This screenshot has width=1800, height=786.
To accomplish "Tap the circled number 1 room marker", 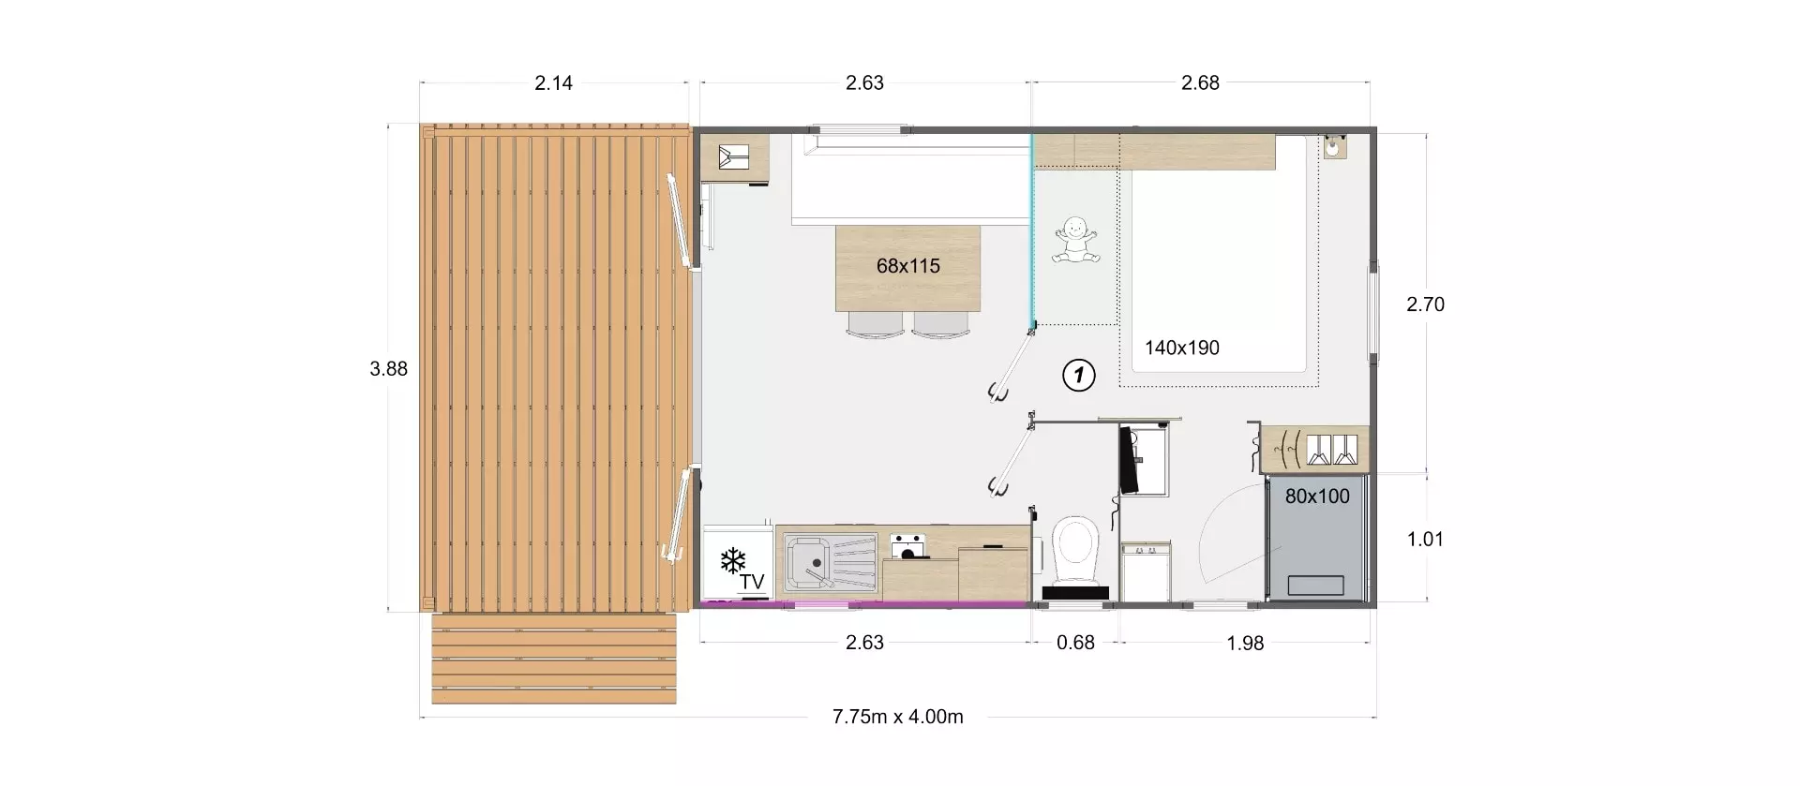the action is (1078, 376).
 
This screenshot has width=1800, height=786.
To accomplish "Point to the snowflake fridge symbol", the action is (732, 561).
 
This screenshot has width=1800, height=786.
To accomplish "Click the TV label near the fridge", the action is (751, 582).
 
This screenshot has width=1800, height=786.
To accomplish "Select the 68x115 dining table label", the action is (907, 266).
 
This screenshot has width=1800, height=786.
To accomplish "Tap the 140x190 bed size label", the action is (1181, 348).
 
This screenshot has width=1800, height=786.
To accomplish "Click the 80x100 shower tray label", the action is (1316, 497).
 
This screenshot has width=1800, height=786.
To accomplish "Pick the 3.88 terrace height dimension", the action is (388, 369).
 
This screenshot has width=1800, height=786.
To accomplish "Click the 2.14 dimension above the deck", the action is (553, 82).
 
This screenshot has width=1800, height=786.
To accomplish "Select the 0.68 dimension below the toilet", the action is (1075, 643).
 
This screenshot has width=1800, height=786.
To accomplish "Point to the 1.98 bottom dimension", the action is (1245, 643).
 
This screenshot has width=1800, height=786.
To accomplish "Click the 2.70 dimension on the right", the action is (1425, 304).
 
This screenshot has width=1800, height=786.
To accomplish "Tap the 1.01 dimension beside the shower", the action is (1425, 539).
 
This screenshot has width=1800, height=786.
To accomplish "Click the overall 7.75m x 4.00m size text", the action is (897, 717).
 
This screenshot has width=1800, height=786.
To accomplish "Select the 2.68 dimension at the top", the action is (1200, 82).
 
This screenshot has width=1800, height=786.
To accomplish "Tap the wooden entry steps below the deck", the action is (553, 659).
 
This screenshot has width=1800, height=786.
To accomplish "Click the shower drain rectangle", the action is (1316, 586).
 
